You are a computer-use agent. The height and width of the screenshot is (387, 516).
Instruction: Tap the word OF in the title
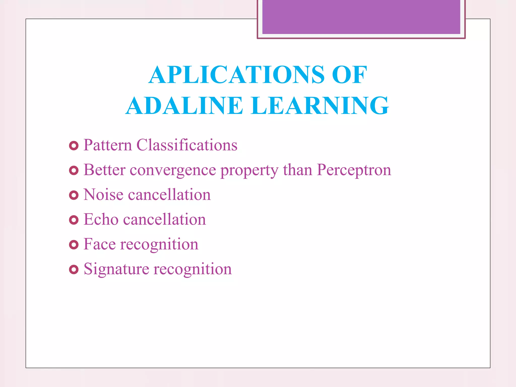click(349, 75)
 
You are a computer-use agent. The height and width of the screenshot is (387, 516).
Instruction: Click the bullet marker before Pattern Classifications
click(74, 146)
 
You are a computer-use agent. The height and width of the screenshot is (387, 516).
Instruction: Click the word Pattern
click(108, 145)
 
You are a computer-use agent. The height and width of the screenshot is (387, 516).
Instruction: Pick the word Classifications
click(187, 145)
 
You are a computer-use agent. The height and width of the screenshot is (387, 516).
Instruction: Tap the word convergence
click(173, 170)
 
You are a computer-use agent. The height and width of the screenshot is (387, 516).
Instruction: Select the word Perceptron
click(354, 170)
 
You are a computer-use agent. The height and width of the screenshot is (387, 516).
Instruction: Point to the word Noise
click(103, 195)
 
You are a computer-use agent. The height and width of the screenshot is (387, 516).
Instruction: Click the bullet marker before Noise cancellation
click(74, 195)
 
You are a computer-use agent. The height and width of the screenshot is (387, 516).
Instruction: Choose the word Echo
click(101, 219)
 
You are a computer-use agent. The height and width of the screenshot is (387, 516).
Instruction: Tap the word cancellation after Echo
click(164, 219)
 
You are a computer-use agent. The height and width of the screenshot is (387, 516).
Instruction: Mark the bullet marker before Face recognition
click(74, 245)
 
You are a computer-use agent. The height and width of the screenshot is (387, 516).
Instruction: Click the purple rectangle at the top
click(361, 17)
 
